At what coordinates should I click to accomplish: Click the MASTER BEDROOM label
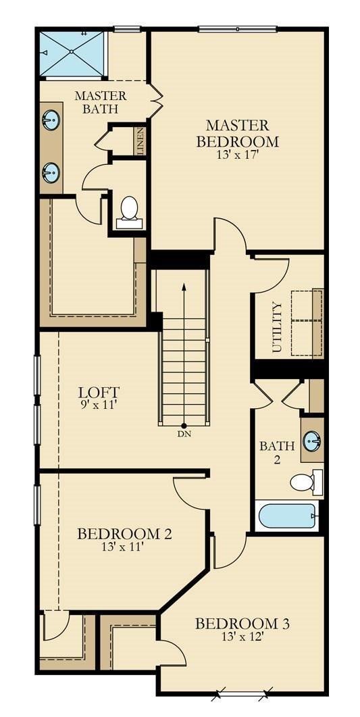(237, 133)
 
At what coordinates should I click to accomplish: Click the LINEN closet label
(140, 142)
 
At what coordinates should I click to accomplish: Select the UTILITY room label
(276, 327)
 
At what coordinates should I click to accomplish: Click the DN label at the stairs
(184, 434)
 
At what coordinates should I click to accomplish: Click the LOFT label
(99, 392)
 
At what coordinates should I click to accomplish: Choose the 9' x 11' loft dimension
(99, 405)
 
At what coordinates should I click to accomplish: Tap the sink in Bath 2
(311, 442)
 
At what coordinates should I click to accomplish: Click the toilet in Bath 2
(304, 483)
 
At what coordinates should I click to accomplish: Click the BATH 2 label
(277, 453)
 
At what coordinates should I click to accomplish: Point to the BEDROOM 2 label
(124, 534)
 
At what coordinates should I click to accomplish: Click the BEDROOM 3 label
(242, 623)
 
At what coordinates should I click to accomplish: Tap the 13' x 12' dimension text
(242, 637)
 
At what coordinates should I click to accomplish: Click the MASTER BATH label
(100, 101)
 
